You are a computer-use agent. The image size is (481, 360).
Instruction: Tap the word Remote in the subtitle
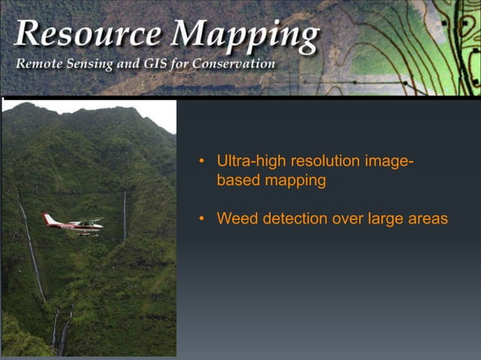coord(37,64)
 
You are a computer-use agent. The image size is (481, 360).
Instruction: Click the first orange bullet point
coord(201,162)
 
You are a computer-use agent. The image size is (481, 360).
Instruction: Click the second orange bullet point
coord(201,219)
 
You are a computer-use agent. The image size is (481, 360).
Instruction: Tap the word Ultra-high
coord(248,161)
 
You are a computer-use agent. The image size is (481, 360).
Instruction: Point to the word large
coord(388,219)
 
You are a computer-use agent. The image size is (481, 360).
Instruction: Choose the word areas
coord(429,219)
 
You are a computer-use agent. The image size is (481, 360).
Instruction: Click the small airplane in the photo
coord(74,224)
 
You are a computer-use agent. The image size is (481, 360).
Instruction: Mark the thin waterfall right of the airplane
coord(124,215)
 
